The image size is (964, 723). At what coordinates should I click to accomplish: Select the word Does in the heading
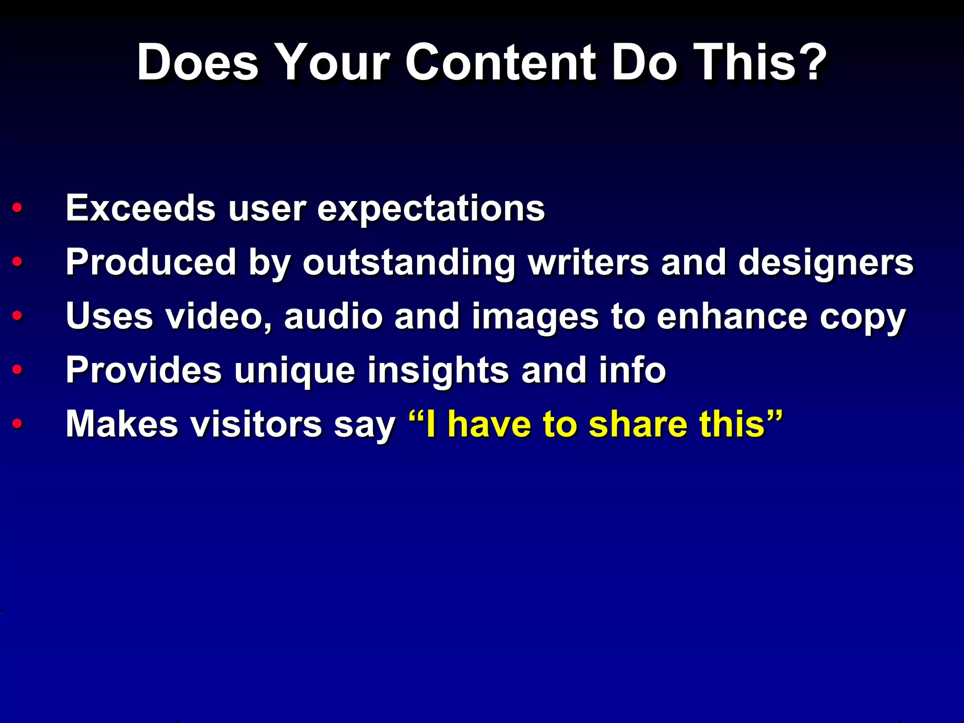(x=197, y=63)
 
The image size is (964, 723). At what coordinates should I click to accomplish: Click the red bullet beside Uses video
(x=17, y=315)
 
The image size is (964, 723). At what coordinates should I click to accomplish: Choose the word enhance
(x=732, y=316)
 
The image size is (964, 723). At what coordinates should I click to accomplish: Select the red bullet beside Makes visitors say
(x=17, y=423)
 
